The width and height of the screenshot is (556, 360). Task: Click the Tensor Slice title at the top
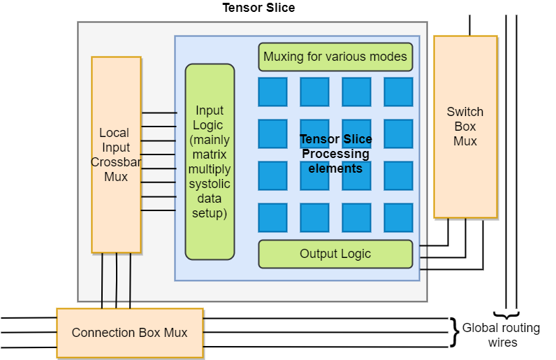click(258, 8)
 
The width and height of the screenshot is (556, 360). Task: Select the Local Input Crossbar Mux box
click(116, 154)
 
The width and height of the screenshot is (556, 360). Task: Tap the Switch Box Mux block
click(465, 127)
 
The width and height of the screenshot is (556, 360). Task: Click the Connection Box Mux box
click(129, 332)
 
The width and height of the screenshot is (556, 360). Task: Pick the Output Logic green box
click(335, 254)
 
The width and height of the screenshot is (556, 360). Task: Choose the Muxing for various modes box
click(335, 57)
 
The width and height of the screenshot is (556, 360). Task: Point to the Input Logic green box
click(210, 161)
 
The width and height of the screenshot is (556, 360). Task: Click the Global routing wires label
click(501, 335)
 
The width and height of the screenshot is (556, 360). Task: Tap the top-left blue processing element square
click(272, 92)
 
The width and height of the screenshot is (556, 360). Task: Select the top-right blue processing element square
click(398, 92)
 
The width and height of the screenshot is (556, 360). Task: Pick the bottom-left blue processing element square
click(272, 217)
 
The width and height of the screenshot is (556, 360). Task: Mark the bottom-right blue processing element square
click(398, 217)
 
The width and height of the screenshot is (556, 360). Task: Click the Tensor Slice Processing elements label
click(335, 154)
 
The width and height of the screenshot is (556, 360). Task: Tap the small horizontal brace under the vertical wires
click(506, 314)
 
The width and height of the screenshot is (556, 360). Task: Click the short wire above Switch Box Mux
click(469, 26)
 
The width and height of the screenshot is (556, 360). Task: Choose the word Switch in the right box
click(465, 112)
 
